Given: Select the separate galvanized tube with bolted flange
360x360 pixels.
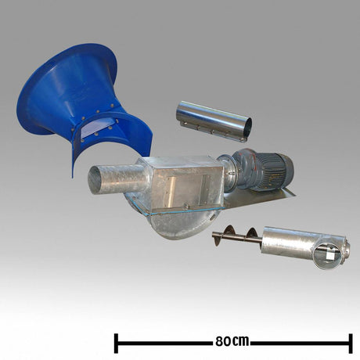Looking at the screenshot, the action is pyautogui.click(x=214, y=121).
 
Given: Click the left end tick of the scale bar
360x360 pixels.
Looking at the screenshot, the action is pyautogui.click(x=116, y=344).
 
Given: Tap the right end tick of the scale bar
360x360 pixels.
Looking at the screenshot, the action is pyautogui.click(x=351, y=344).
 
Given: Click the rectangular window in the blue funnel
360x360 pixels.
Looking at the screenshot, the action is pyautogui.click(x=96, y=127).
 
